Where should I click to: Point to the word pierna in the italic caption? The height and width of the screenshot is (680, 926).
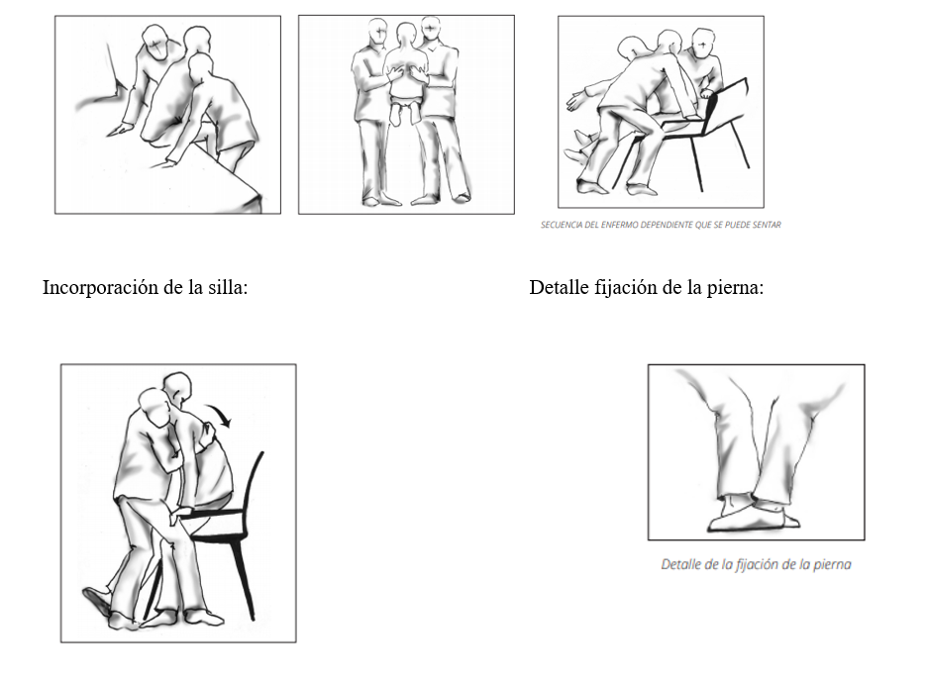click(832, 564)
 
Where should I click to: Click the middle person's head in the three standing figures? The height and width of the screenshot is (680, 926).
click(406, 37)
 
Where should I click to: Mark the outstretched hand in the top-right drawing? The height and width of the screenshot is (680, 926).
click(577, 99)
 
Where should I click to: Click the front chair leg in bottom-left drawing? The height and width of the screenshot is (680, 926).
click(244, 580)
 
